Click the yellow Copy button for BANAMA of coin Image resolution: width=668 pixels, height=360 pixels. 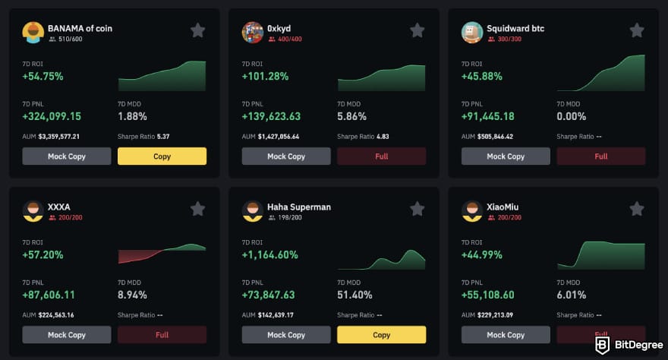pyautogui.click(x=162, y=156)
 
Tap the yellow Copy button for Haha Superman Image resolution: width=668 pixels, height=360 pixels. pyautogui.click(x=381, y=335)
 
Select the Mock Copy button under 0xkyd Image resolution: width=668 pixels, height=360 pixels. pyautogui.click(x=286, y=156)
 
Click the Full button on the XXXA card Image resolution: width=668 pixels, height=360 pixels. pyautogui.click(x=162, y=335)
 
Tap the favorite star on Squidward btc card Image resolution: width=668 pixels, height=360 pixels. pyautogui.click(x=636, y=30)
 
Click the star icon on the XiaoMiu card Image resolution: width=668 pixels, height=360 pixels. pyautogui.click(x=636, y=209)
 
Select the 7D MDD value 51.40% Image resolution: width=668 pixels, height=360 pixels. pyautogui.click(x=354, y=295)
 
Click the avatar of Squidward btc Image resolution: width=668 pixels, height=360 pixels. pyautogui.click(x=472, y=33)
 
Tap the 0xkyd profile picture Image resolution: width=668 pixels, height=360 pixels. pyautogui.click(x=253, y=33)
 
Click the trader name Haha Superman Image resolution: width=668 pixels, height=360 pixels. pyautogui.click(x=299, y=207)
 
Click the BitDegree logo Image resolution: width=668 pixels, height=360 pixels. pyautogui.click(x=624, y=344)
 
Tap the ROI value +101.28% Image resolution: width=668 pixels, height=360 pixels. pyautogui.click(x=265, y=77)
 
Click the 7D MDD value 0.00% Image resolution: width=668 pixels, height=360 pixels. pyautogui.click(x=571, y=117)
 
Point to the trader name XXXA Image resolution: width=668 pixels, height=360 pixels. pyautogui.click(x=58, y=207)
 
